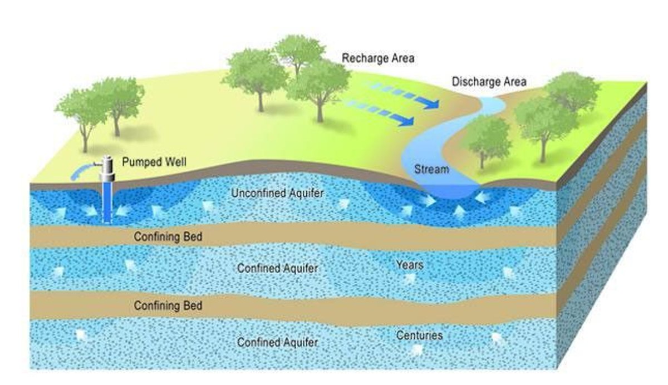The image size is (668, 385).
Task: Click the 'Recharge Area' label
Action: [x=378, y=58]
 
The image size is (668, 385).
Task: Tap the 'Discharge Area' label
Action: [x=489, y=82]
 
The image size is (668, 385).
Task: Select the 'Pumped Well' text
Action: [x=154, y=163]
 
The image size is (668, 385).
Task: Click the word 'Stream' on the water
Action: [x=431, y=169]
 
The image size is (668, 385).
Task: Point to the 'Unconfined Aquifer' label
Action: [x=277, y=194]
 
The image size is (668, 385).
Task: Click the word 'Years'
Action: [x=409, y=264]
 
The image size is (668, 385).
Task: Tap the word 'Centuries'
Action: [x=419, y=335]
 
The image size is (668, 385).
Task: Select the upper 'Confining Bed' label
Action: [x=168, y=237]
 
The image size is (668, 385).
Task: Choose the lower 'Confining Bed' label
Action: [x=168, y=305]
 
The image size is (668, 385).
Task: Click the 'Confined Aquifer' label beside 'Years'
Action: [x=277, y=268]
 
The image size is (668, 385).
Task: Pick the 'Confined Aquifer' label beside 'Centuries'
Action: [x=277, y=342]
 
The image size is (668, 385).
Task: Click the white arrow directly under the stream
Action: [x=459, y=210]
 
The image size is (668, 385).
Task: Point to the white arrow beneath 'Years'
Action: [x=409, y=279]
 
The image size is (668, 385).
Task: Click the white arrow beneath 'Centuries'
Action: [x=415, y=349]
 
